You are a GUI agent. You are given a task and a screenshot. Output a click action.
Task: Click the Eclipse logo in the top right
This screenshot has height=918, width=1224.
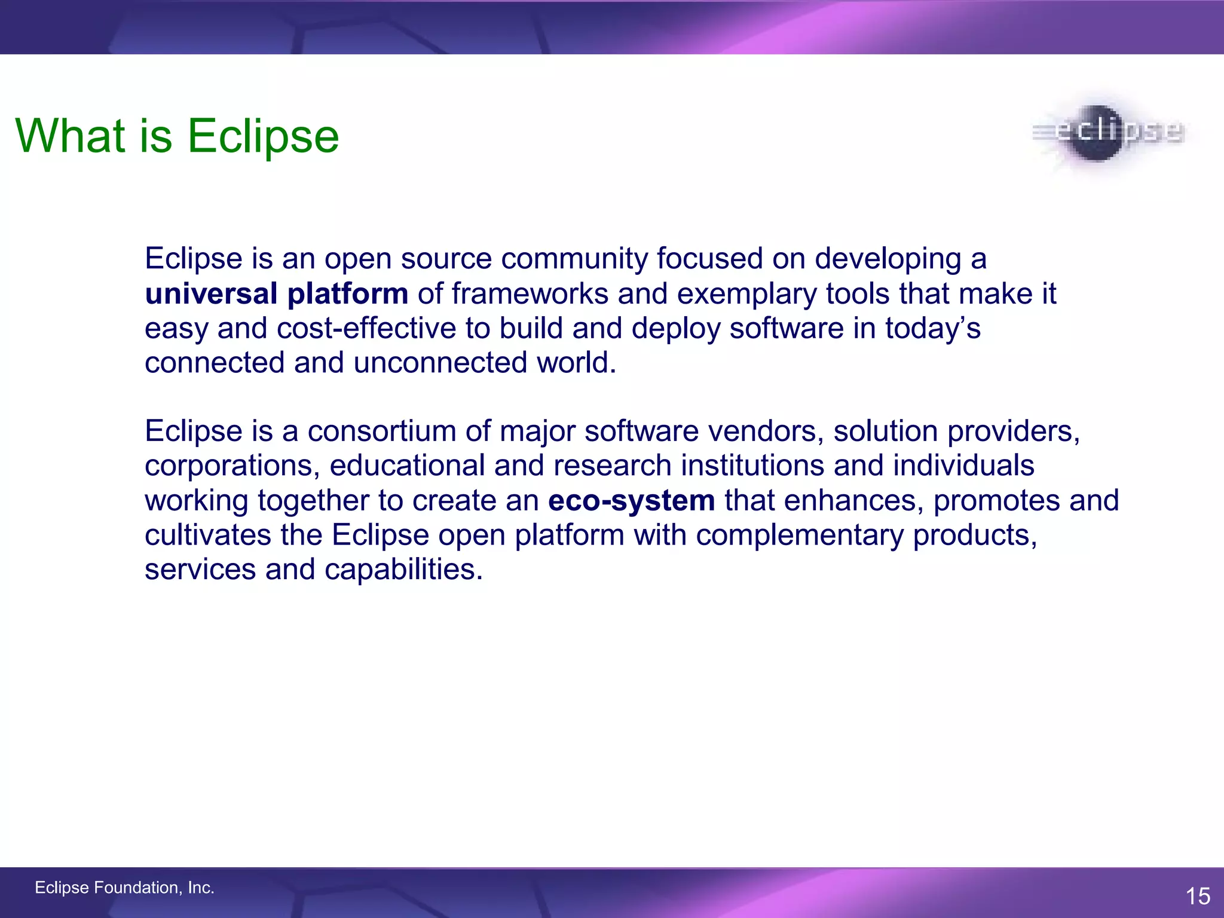pyautogui.click(x=1107, y=133)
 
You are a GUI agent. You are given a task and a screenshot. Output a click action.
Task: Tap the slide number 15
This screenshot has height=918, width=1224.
pyautogui.click(x=1198, y=896)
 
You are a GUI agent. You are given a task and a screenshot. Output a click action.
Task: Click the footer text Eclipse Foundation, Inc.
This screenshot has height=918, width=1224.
pyautogui.click(x=124, y=888)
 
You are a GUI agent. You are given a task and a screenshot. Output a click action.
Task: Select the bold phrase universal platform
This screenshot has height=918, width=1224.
pyautogui.click(x=276, y=294)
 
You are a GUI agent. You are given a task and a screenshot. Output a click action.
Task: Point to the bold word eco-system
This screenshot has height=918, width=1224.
pyautogui.click(x=631, y=500)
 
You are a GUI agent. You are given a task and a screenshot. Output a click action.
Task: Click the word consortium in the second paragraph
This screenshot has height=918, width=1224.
pyautogui.click(x=381, y=431)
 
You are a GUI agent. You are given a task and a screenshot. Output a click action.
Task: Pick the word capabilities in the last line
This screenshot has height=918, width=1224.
pyautogui.click(x=403, y=569)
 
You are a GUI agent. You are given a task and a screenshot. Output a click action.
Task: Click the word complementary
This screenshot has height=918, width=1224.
pyautogui.click(x=800, y=535)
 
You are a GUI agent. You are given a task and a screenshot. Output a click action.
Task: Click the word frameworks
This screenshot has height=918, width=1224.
pyautogui.click(x=530, y=294)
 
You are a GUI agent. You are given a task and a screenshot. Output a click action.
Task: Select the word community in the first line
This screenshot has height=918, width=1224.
pyautogui.click(x=574, y=259)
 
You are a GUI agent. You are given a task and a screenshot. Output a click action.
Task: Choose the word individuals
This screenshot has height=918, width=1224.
pyautogui.click(x=963, y=466)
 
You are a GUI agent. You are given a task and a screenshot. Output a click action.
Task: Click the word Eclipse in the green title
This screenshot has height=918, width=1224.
pyautogui.click(x=264, y=136)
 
